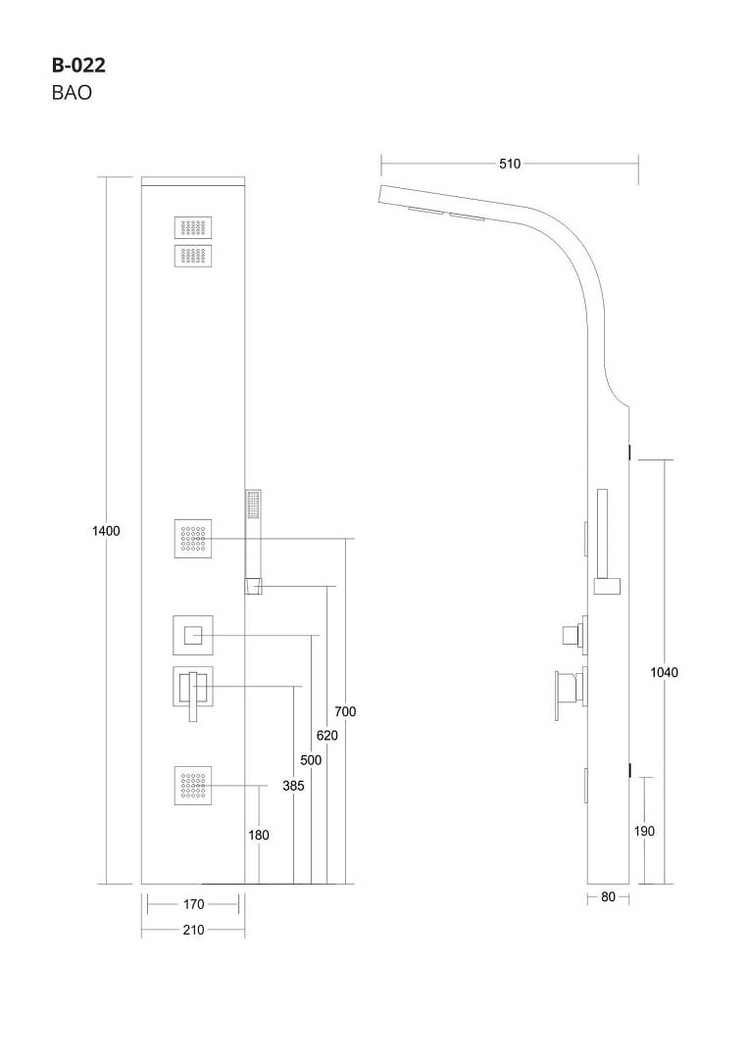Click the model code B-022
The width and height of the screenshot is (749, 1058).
tap(78, 67)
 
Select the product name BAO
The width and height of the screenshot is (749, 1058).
tap(72, 95)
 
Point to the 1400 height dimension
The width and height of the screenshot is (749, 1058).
tap(106, 531)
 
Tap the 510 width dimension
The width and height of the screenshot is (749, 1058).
tap(510, 165)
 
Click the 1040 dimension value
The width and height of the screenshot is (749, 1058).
tap(665, 672)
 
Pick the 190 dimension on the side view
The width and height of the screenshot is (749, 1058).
tap(644, 831)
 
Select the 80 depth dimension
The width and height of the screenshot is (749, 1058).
tap(608, 897)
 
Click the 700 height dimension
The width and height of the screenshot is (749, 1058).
tap(345, 711)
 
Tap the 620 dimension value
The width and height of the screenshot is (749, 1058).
tap(327, 735)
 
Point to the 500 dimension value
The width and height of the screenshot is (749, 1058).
tap(311, 760)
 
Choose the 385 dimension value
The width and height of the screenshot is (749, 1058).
tap(293, 786)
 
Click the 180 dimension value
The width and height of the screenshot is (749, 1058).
tap(259, 836)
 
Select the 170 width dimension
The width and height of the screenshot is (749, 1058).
tap(193, 904)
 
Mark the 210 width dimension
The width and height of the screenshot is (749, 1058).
tap(193, 930)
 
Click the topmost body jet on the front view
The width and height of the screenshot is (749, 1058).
tap(193, 227)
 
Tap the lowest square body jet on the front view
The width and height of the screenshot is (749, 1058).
tap(193, 786)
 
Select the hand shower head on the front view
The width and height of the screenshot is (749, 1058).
tap(253, 507)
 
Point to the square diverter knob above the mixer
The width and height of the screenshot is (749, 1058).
tap(193, 636)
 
